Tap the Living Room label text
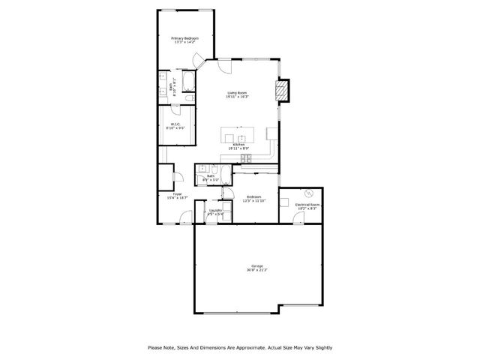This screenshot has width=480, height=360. (238, 94)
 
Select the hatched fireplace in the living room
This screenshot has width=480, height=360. (281, 90)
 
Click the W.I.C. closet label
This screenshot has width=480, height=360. (175, 126)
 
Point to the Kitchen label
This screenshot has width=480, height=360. (238, 146)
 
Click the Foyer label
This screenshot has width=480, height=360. (178, 195)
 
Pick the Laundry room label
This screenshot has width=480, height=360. (215, 212)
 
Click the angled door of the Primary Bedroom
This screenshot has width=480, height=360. (198, 61)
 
